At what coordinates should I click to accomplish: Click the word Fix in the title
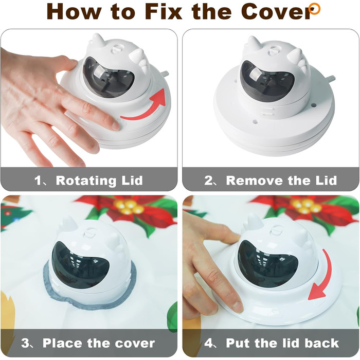point(164,11)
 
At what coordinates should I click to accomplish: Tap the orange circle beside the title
point(314,9)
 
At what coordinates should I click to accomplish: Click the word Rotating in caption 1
point(86,181)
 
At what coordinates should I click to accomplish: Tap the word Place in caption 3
point(62,343)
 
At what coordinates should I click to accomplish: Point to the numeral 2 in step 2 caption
point(209,181)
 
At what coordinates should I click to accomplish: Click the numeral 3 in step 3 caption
point(25,343)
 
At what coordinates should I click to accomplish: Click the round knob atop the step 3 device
point(89,233)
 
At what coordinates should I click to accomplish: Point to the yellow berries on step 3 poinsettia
point(129,207)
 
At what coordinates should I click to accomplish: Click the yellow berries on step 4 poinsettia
point(306,206)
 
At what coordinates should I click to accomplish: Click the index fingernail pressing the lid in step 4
point(238,307)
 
